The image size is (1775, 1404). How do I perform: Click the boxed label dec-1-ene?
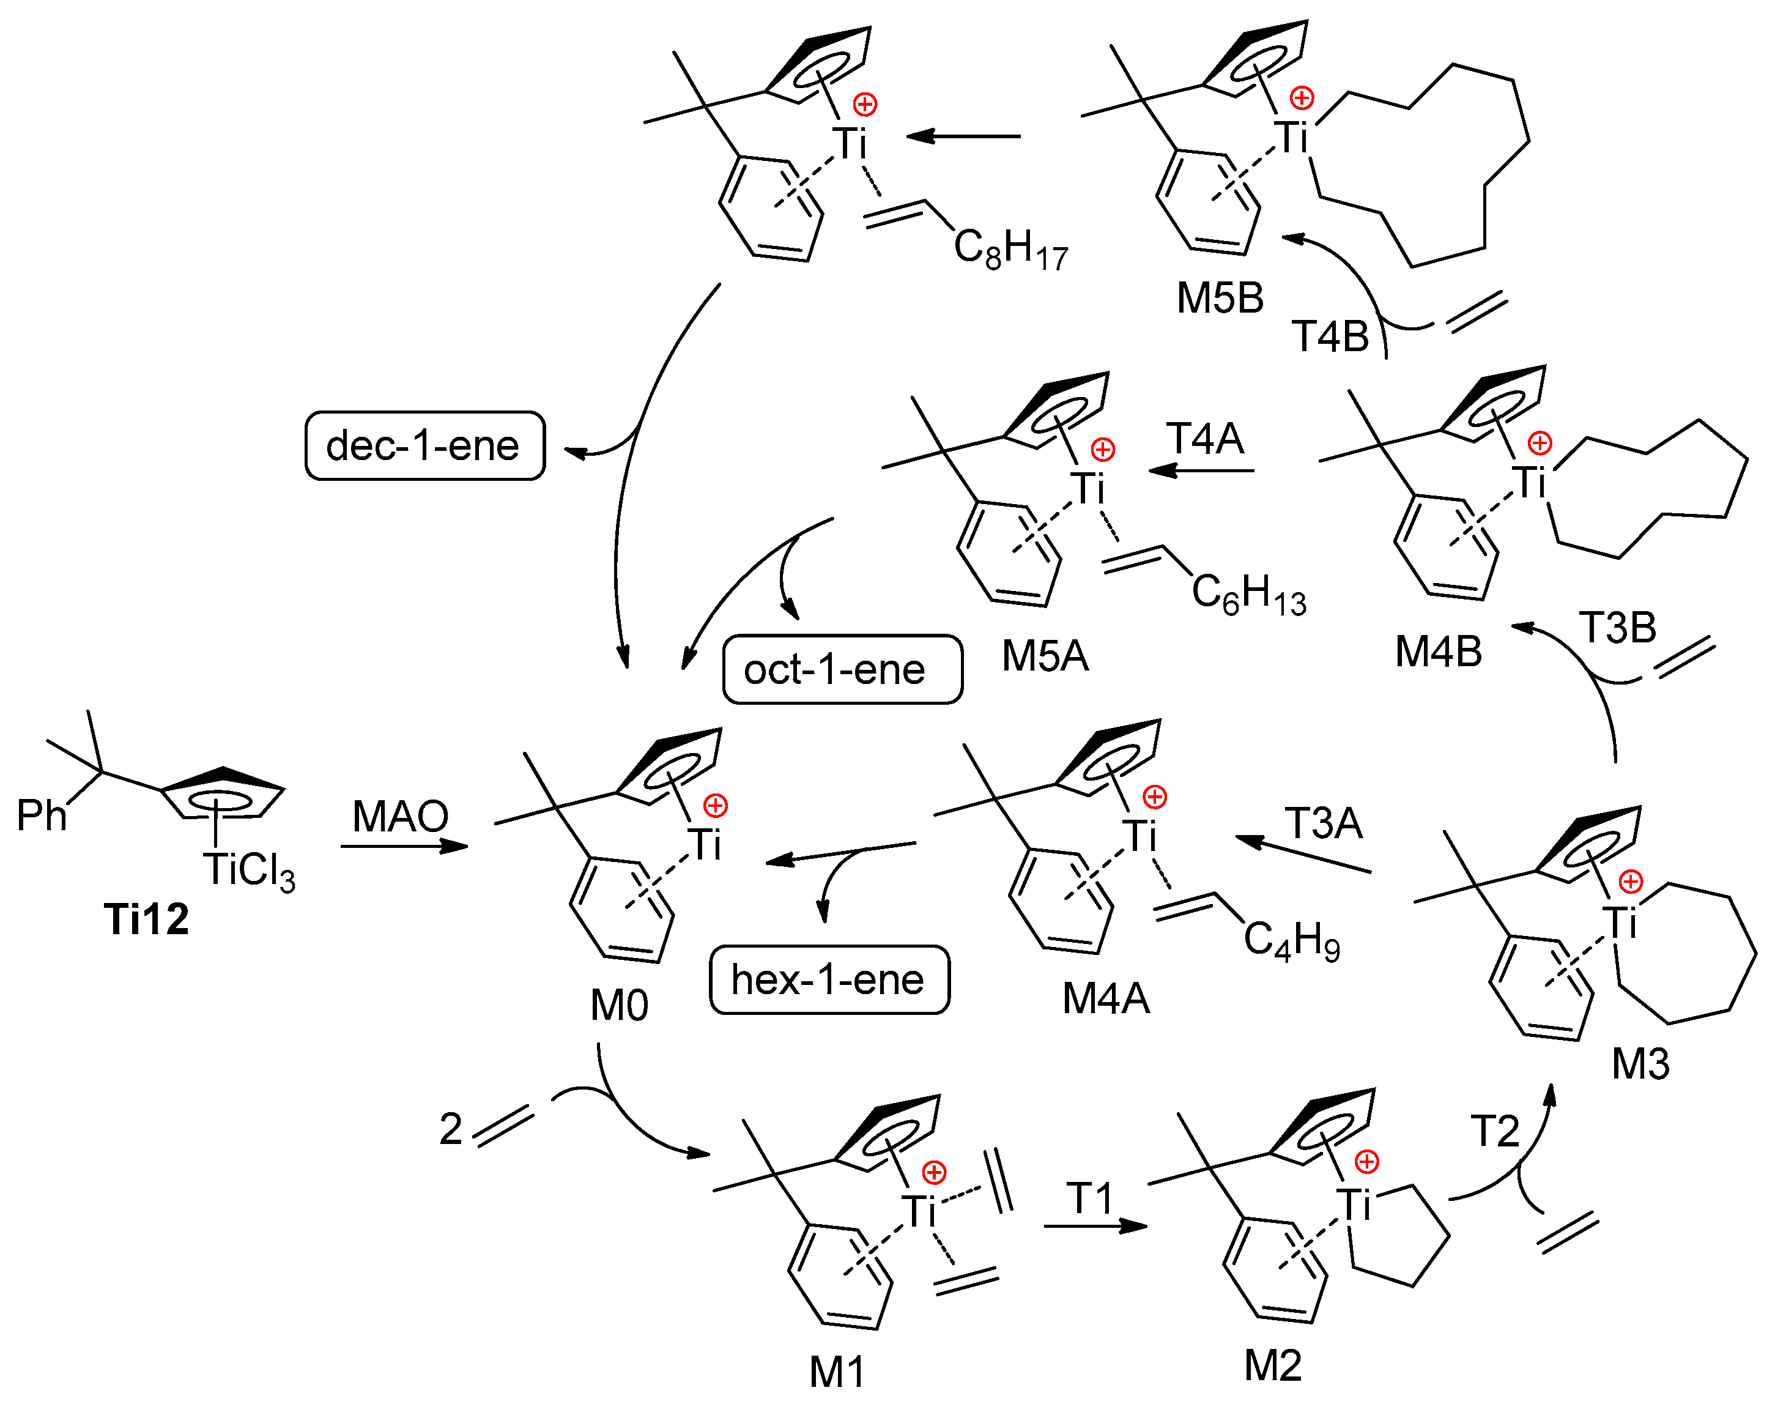(424, 445)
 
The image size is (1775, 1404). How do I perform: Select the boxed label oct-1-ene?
(842, 669)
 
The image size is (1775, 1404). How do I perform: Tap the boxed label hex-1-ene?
(828, 980)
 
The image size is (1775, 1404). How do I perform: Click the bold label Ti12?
(146, 918)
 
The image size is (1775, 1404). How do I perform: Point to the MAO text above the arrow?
(400, 816)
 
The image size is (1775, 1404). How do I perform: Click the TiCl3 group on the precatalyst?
(249, 871)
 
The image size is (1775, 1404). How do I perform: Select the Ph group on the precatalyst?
(41, 815)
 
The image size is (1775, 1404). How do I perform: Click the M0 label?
(619, 1005)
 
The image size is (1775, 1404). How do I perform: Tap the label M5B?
(1220, 297)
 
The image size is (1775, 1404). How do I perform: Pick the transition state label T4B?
(1330, 336)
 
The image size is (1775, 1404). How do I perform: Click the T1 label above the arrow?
(1090, 1198)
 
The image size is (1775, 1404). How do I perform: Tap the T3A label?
(1324, 823)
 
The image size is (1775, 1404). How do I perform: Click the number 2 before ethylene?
(450, 1129)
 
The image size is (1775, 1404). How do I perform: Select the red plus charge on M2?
(1366, 1162)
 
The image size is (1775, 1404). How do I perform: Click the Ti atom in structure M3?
(1620, 923)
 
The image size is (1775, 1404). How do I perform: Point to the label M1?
(837, 1371)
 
